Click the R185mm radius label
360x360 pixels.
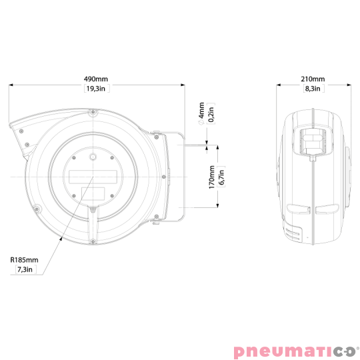[24, 261]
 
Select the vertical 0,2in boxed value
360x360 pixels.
[212, 113]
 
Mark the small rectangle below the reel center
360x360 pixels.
[92, 193]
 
